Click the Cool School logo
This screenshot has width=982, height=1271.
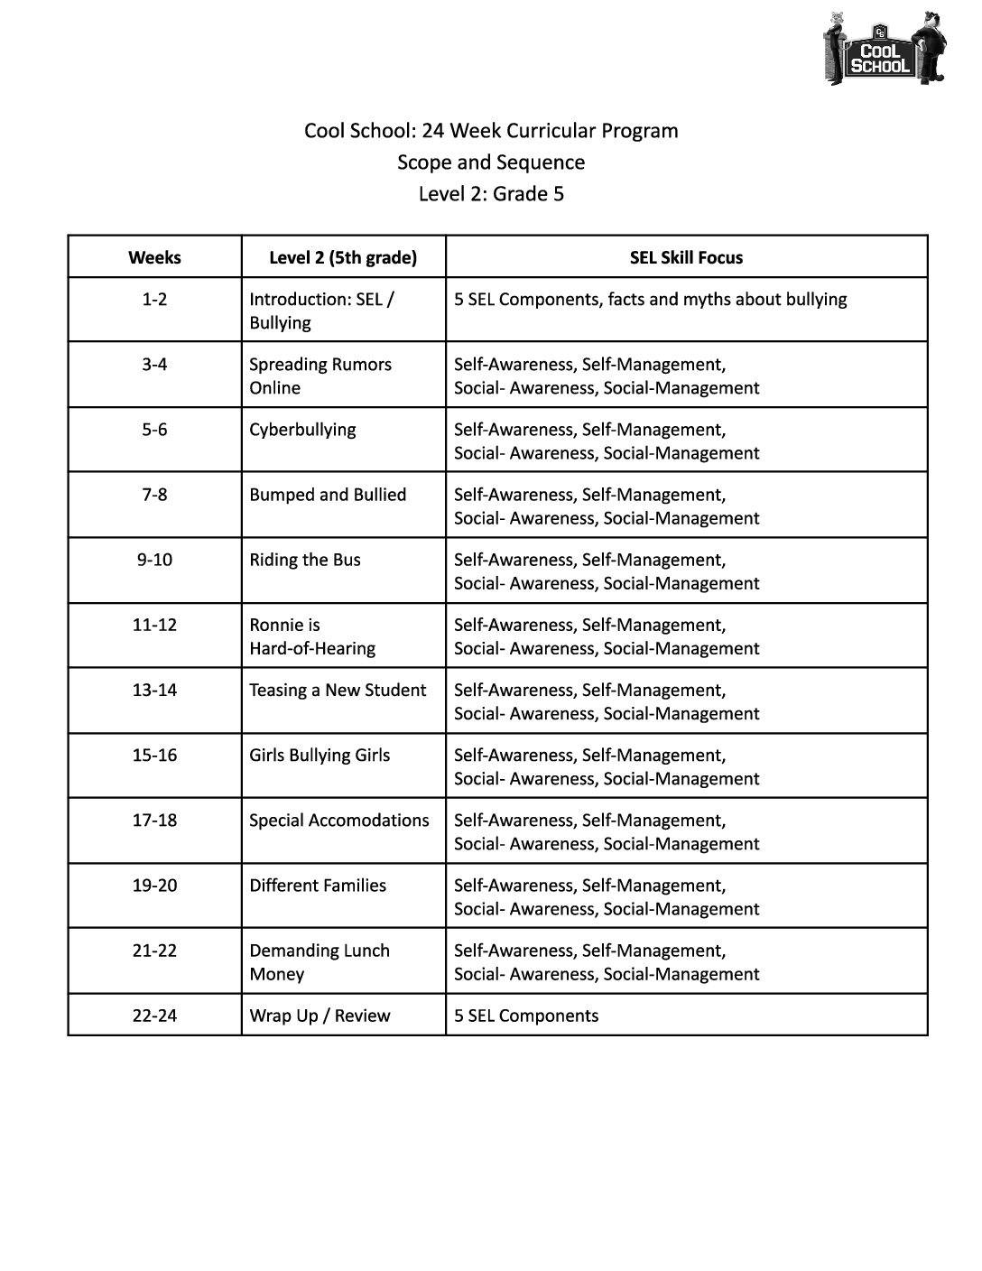884,50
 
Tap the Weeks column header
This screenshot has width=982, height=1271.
154,257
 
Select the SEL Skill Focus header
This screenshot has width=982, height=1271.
686,257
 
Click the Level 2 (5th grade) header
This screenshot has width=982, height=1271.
343,257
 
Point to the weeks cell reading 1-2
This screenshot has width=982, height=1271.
154,299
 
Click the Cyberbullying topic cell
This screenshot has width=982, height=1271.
302,430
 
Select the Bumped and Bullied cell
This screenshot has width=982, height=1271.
328,495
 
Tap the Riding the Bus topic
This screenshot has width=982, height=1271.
305,560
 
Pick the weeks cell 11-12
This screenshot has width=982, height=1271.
154,625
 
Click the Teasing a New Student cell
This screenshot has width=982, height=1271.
338,691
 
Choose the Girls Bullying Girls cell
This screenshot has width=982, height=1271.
320,756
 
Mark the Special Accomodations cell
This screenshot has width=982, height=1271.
339,821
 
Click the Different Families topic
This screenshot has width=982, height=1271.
318,886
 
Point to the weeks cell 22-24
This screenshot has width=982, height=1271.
154,1016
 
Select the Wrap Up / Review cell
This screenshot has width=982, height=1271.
320,1016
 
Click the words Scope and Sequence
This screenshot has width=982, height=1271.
491,162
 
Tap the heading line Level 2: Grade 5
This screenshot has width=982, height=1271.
491,194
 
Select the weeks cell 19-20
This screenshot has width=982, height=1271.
154,886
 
